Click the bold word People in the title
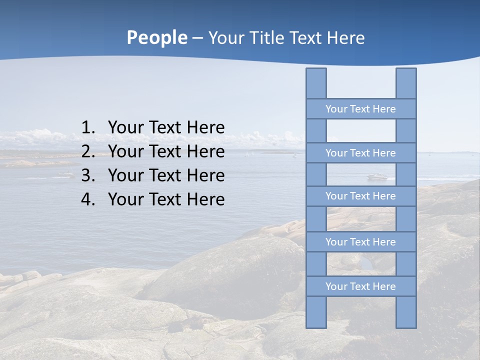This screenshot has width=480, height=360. coord(156,37)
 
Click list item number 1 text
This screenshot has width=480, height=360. coord(166,127)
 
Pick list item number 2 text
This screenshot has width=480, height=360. coord(166,151)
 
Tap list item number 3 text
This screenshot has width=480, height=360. coord(166,175)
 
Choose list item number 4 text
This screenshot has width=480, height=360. coord(166,199)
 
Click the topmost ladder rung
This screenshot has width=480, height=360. coord(360,109)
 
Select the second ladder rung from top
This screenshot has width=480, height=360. coord(360,153)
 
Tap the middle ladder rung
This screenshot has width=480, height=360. coord(360,196)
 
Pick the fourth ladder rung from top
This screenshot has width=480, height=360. coord(360,242)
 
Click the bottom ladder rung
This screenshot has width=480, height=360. coord(360,286)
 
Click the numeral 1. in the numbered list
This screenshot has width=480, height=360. coord(88,127)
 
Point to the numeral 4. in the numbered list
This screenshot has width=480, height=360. coord(88,199)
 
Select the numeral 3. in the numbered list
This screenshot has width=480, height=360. coord(88,175)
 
